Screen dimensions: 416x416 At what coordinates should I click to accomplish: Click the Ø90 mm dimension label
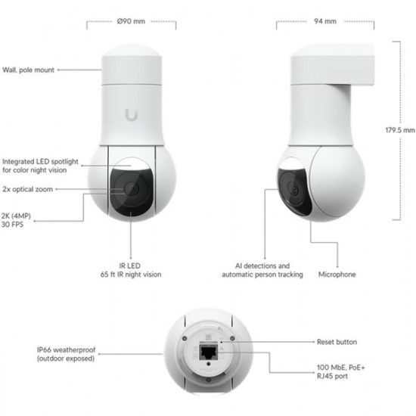coord(132,21)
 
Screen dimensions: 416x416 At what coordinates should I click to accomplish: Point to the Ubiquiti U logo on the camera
coord(132,114)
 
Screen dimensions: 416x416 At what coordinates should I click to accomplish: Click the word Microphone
coord(337,274)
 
